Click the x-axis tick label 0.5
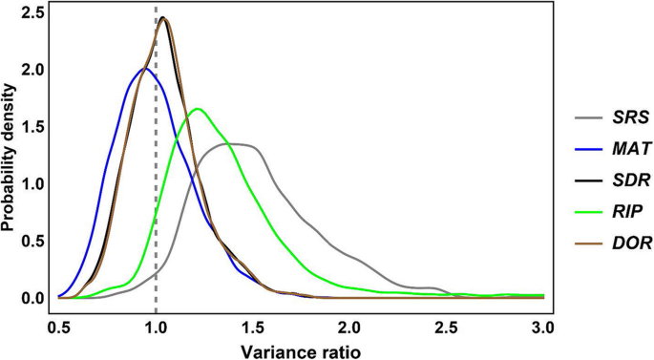tap(59, 327)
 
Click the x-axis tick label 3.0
tap(543, 327)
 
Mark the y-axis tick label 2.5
tap(33, 13)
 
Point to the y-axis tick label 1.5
tap(33, 127)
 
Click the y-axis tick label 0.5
tap(33, 241)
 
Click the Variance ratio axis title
tap(301, 349)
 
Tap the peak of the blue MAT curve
tap(144, 69)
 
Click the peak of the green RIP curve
tap(198, 109)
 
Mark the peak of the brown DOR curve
tap(162, 18)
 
